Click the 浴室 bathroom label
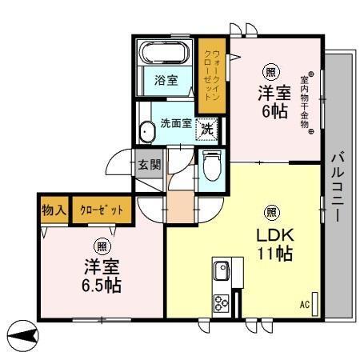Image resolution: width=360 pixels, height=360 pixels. [166, 82]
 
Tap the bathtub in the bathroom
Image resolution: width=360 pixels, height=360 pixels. [166, 54]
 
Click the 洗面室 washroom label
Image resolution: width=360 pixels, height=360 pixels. [175, 124]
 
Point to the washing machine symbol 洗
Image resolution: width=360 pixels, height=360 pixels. [207, 127]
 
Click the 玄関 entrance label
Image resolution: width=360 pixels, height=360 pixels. [150, 166]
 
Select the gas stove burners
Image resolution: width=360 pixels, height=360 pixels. [221, 302]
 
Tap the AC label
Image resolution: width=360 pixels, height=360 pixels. [305, 305]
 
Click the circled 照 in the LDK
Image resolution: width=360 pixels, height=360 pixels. [271, 212]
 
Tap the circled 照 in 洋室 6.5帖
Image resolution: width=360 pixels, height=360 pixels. [102, 246]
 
